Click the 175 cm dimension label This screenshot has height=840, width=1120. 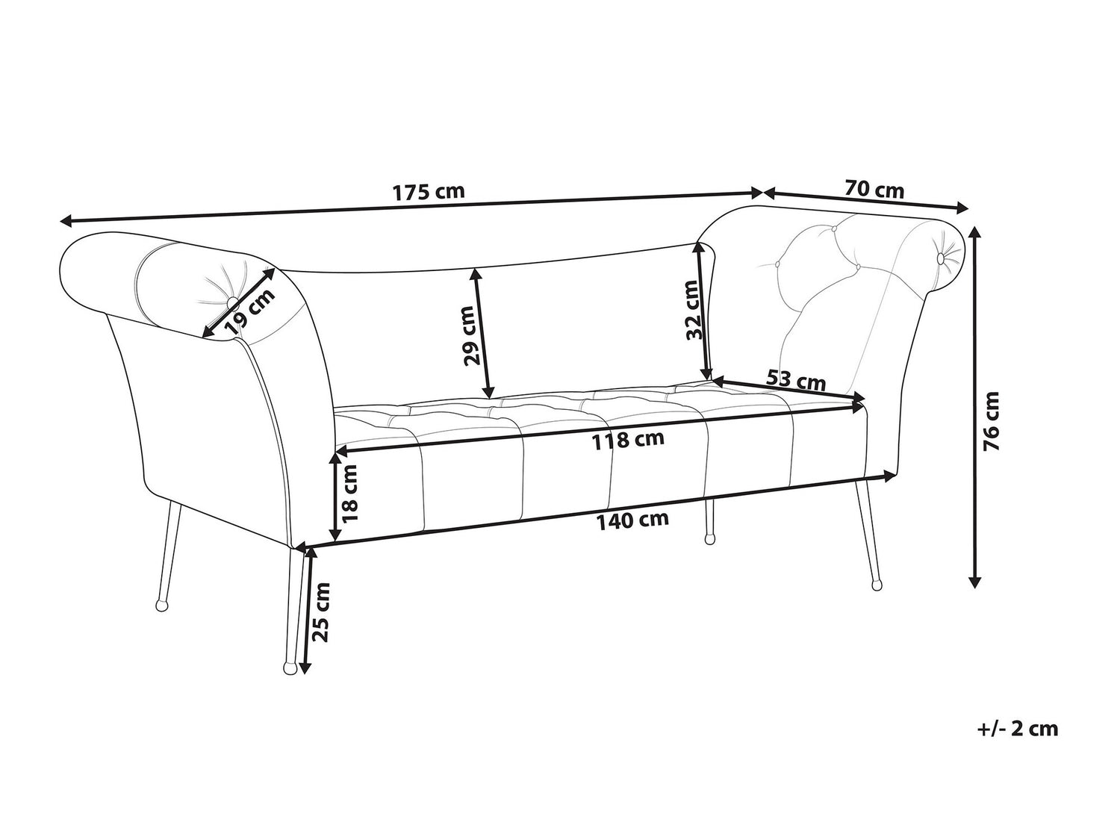(x=429, y=192)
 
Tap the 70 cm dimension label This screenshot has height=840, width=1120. (x=874, y=190)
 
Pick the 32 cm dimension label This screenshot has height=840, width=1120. (x=694, y=309)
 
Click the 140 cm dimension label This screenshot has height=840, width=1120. (x=632, y=520)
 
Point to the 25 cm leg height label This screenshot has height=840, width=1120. (x=321, y=612)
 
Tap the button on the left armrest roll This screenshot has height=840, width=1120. (x=231, y=302)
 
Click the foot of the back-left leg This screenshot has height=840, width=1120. (x=161, y=606)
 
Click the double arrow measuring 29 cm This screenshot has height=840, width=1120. (x=482, y=333)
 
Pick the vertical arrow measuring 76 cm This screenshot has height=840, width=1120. (x=974, y=407)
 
